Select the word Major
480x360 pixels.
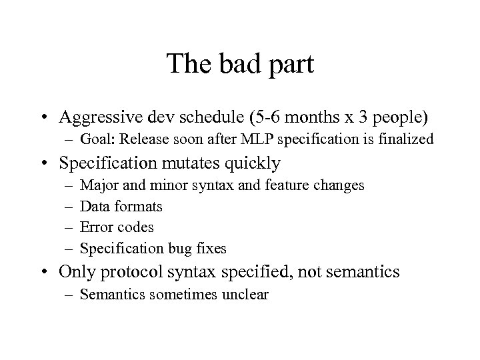tap(97, 185)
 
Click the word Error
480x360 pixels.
tap(96, 227)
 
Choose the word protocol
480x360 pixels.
tap(141, 271)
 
